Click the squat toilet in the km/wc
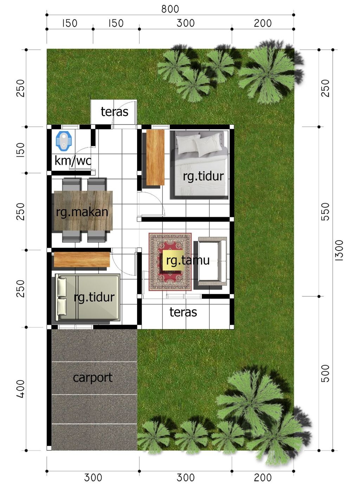coord(64,141)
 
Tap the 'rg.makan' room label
coord(82,212)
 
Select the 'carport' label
coord(92,377)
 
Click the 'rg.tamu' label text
coord(188,260)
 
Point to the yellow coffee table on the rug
coord(173,260)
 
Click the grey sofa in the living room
coord(212,261)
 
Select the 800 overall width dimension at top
coord(170,9)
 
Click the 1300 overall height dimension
coord(339,250)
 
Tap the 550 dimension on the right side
coord(326,212)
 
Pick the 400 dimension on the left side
coord(21,389)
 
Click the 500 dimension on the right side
coord(326,373)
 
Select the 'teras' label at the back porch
coord(114,112)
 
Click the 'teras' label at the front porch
coord(183,312)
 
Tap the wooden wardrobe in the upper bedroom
coord(155,157)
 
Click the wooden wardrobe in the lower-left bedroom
coord(82,259)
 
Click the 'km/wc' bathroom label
coord(73,161)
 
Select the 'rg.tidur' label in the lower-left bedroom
coord(94,297)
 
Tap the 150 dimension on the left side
coord(21,150)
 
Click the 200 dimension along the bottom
coord(263,478)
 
